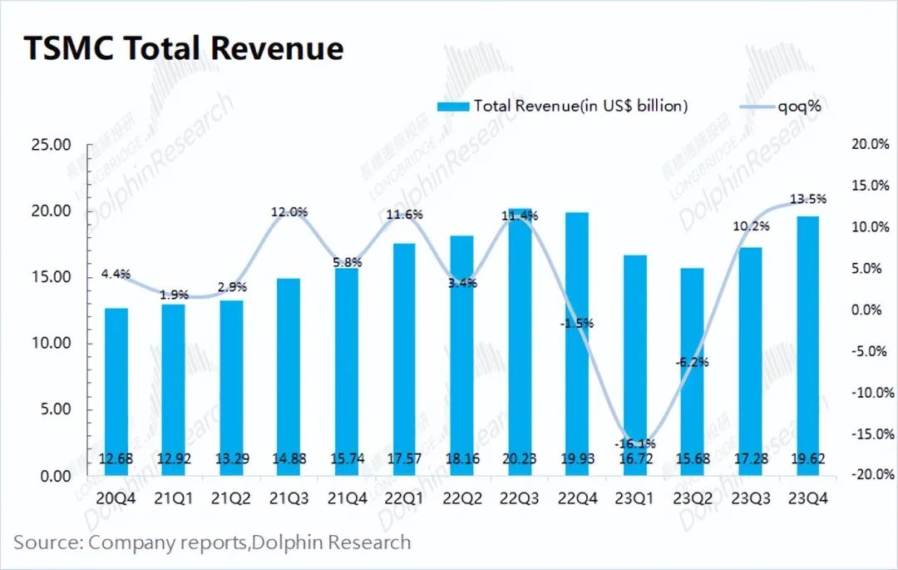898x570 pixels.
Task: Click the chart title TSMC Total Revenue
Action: coord(183,48)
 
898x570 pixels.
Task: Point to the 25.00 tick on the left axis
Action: coord(51,145)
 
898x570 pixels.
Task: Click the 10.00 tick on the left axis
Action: coord(51,344)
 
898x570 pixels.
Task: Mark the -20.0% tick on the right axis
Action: coord(871,475)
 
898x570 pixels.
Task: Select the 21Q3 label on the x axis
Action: coord(289,499)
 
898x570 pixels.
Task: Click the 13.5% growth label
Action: coord(807,199)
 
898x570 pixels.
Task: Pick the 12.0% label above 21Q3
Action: coord(289,211)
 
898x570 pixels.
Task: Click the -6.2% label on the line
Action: coord(692,362)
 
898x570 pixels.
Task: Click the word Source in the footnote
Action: coord(46,543)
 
